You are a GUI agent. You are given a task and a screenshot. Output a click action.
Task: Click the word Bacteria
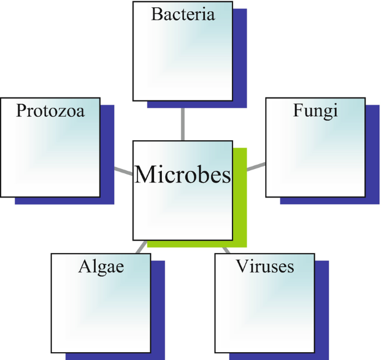183,14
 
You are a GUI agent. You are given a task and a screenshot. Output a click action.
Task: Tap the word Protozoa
50,111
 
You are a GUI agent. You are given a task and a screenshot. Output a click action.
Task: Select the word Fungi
315,111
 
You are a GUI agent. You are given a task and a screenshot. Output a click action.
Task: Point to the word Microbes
182,175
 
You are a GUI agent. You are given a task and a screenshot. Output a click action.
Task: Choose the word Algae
101,266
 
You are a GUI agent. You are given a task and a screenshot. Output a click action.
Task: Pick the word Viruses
265,266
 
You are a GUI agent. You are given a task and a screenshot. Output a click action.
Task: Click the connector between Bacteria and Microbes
182,124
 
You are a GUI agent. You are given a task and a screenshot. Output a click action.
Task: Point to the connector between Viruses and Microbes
226,249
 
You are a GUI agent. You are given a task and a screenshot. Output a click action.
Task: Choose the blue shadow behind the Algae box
158,312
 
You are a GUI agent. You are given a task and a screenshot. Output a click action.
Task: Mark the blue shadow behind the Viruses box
323,312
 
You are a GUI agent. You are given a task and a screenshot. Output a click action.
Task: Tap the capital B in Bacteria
156,14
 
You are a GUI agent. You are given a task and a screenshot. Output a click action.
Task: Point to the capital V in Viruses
241,266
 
